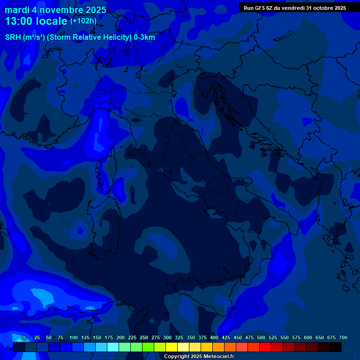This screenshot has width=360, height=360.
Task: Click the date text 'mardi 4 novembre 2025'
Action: tap(55, 10)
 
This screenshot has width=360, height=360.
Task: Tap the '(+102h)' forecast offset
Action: tap(83, 21)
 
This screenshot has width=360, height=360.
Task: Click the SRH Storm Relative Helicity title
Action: tap(80, 37)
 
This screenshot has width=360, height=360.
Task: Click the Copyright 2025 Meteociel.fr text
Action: tap(199, 357)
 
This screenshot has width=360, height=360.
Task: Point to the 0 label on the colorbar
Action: tap(23, 338)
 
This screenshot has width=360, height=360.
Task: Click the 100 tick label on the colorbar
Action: tap(74, 338)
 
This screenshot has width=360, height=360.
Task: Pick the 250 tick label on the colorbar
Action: tap(144, 338)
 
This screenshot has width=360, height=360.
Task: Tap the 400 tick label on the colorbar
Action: tap(214, 338)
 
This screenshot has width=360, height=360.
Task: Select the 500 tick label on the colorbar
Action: tap(261, 338)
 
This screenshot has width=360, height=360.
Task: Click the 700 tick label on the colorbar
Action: tap(343, 338)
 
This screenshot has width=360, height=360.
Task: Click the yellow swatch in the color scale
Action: tap(172, 347)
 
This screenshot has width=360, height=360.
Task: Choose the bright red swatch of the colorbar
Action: tap(265, 347)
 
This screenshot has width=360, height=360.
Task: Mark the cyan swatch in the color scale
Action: tap(113, 347)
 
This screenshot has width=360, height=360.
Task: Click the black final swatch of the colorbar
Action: tap(336, 347)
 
